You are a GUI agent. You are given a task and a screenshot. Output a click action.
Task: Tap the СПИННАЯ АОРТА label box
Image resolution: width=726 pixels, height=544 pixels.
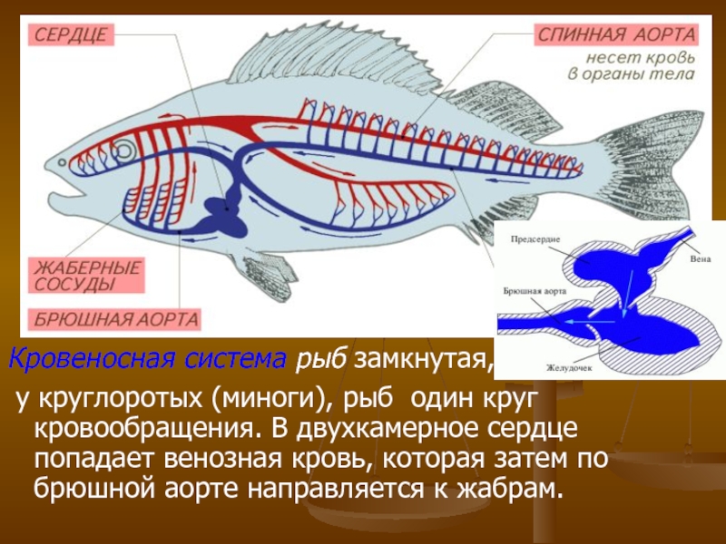[x=619, y=35]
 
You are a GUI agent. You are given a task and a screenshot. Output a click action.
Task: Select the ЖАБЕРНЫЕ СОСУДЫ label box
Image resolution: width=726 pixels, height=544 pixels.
[x=87, y=276]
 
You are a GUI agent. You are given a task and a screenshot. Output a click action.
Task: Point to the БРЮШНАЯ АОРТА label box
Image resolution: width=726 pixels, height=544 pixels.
[x=117, y=320]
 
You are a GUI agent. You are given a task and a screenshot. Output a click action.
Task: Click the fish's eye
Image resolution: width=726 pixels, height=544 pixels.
[x=123, y=150]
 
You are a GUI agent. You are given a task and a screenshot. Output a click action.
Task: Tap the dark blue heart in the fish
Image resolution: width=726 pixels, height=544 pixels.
[x=219, y=214]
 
